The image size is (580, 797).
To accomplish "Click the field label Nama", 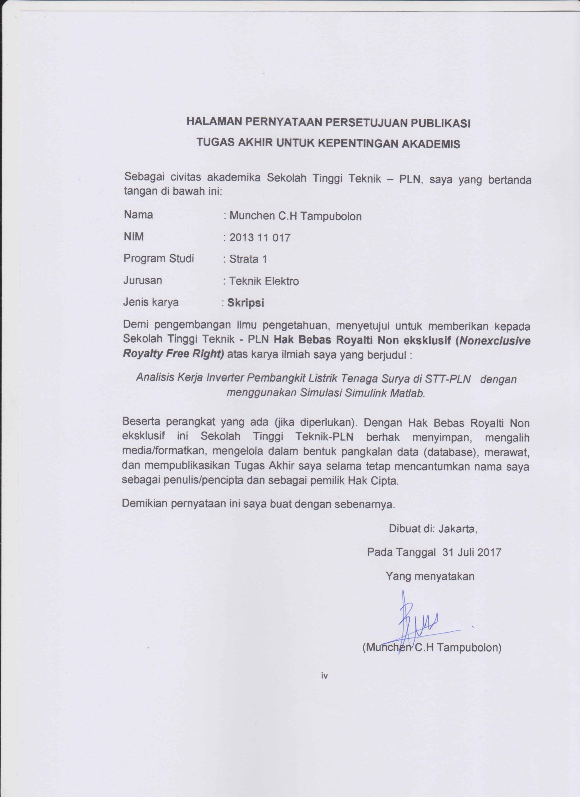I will coord(138,215).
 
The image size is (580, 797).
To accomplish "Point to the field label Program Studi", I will coord(159,259).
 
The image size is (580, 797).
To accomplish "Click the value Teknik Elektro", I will coord(264,281).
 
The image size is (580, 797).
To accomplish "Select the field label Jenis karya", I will coord(151,302).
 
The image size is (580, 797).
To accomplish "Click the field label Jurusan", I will coord(142,281).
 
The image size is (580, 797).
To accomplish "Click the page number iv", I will coord(324,675).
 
